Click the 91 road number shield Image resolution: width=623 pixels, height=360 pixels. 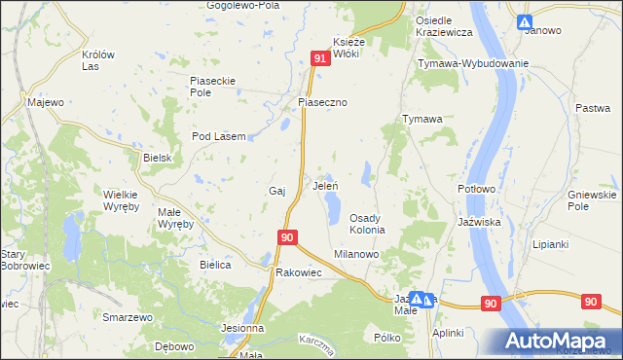320,60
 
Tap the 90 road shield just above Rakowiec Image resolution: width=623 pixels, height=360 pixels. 287,236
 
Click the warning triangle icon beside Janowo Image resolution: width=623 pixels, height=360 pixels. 525,21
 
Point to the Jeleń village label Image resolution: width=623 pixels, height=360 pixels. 324,184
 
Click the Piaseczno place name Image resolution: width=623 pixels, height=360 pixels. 322,102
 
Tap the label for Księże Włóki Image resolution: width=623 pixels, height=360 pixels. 348,48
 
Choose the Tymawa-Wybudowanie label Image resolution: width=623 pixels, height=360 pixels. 472,63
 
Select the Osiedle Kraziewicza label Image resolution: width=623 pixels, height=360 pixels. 443,26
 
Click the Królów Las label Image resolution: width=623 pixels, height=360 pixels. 99,60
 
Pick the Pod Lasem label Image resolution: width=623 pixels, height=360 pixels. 217,136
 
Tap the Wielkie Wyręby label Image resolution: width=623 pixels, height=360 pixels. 122,200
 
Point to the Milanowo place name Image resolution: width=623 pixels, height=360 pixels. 356,253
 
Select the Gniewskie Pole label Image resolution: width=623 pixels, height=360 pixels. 592,201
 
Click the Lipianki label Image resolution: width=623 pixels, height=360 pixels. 551,244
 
